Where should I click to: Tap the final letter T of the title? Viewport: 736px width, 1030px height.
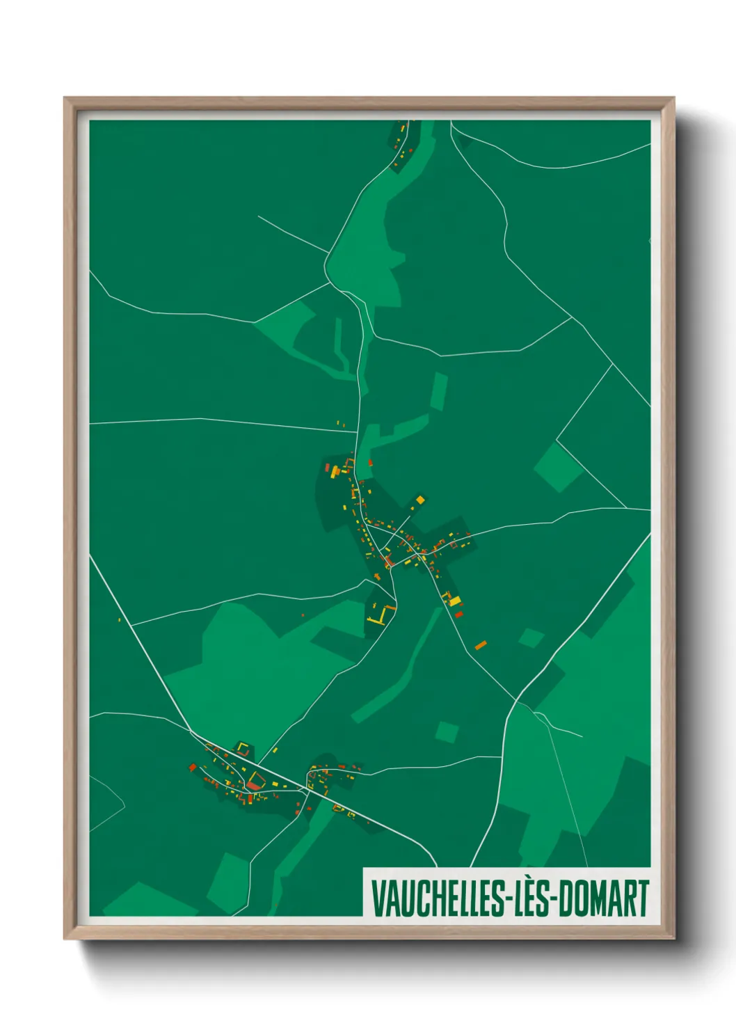click(642, 898)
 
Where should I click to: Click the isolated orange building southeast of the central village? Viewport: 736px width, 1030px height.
click(480, 645)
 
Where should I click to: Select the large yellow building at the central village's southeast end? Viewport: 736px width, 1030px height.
click(454, 601)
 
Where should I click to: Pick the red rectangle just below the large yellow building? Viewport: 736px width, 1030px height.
click(458, 614)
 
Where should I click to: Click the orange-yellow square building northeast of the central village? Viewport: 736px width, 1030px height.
click(419, 500)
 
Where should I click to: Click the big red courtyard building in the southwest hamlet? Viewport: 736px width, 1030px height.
click(255, 783)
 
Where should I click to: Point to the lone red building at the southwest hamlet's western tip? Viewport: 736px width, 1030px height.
click(193, 767)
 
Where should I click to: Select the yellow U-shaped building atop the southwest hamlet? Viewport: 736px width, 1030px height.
click(243, 749)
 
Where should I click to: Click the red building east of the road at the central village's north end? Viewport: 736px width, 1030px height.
click(370, 461)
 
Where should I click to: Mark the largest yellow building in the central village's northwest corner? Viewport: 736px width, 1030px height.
click(335, 473)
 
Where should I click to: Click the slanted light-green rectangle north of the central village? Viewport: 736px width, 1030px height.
click(438, 390)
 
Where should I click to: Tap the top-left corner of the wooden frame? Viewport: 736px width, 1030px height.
click(65, 99)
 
